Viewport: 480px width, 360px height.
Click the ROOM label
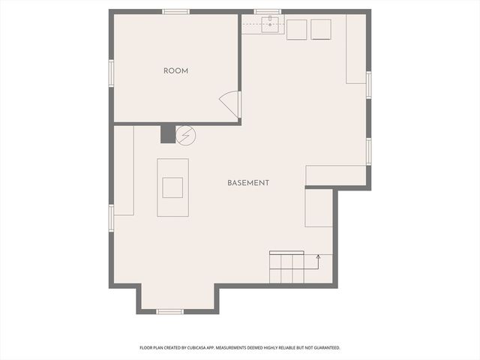pos(175,71)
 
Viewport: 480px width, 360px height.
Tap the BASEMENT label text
pos(248,183)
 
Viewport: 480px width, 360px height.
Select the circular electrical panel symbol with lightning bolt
pos(185,135)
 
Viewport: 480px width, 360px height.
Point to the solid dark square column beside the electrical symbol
pos(167,134)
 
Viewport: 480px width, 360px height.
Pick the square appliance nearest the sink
pos(297,28)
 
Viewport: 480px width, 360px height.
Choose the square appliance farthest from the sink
pos(321,28)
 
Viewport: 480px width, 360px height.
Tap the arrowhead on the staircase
pos(318,257)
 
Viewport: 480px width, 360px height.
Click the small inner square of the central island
pos(172,187)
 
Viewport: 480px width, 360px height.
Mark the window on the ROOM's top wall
pos(175,11)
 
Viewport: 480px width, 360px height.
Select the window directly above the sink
pos(267,11)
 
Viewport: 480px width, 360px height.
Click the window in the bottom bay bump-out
pos(170,311)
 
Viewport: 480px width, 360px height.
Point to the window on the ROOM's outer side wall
pos(111,73)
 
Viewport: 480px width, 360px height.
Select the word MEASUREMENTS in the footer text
pos(240,348)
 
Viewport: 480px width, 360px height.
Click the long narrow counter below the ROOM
pos(124,171)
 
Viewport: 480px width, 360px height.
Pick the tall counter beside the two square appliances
pos(355,49)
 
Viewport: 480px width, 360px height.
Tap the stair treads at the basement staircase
pos(286,268)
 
